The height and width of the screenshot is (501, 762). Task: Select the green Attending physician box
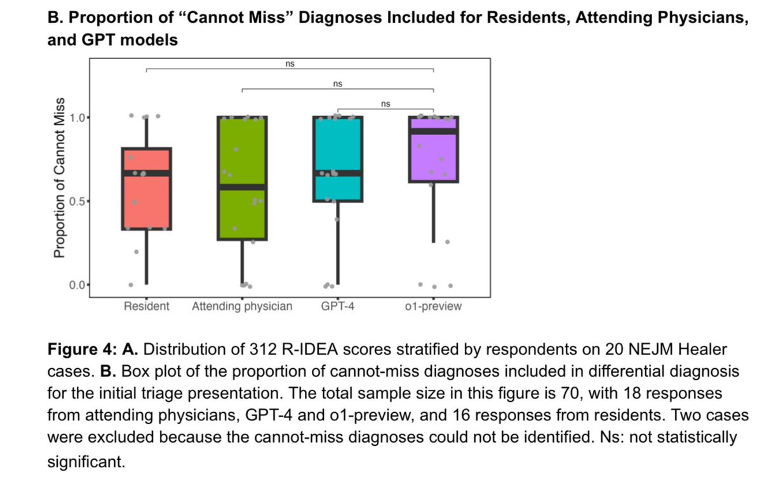coord(242,152)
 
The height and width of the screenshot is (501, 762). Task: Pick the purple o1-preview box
coord(433,159)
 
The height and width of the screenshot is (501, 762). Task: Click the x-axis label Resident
coord(146,307)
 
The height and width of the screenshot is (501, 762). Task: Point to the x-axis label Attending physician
coord(242,307)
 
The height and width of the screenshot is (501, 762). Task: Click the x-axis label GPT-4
coord(337,307)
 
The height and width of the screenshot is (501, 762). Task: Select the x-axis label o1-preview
coord(433,307)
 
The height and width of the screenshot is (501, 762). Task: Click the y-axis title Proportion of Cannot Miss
coord(60,178)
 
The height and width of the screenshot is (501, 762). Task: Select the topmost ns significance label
coord(290,63)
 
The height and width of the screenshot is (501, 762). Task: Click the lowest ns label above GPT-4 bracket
coord(385,104)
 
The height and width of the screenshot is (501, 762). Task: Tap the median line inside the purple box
coord(433,131)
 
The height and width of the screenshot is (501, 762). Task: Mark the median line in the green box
coord(242,187)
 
